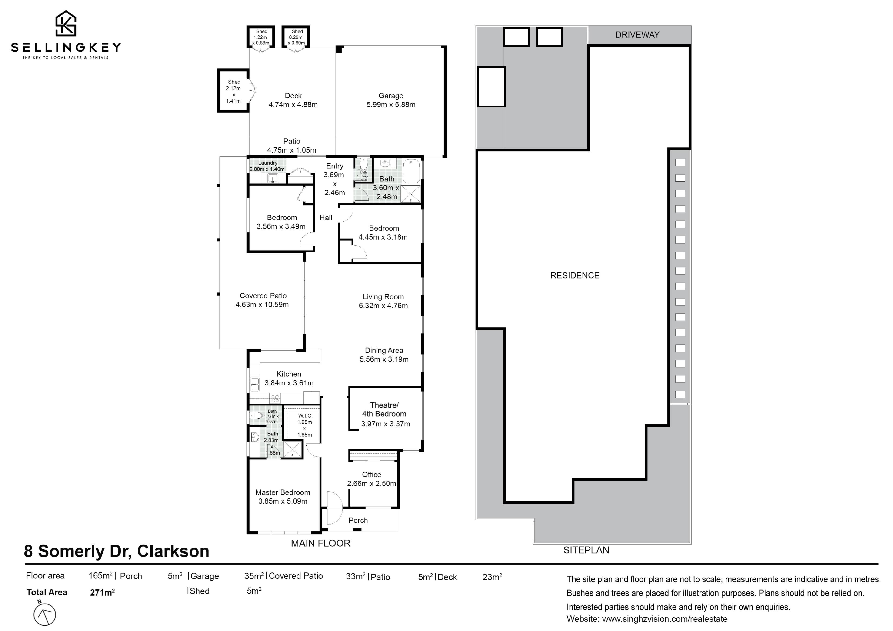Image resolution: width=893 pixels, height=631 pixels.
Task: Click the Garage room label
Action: point(391,96)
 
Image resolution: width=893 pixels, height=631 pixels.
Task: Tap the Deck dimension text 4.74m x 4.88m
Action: point(293,105)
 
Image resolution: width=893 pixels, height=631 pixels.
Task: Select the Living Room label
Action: point(383,297)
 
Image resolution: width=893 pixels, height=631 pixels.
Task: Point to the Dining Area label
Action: point(384,350)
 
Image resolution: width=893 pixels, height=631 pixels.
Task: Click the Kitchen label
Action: point(289,374)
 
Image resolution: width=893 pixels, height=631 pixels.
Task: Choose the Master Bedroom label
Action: point(283,492)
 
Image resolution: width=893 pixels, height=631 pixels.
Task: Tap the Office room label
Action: point(371,474)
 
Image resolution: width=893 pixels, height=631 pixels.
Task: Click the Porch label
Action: point(358,520)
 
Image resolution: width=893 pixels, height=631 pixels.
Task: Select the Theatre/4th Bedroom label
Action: point(384,409)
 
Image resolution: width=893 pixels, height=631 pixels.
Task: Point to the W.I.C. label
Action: point(305,416)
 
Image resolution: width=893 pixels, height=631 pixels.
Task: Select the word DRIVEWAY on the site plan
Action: point(637,35)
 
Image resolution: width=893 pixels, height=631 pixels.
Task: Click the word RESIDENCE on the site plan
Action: point(575,275)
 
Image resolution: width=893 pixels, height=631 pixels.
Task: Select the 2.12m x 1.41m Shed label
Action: point(233,91)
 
